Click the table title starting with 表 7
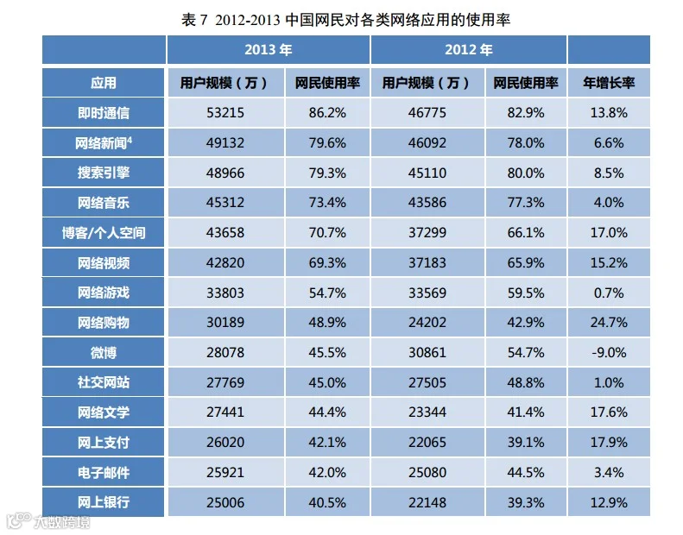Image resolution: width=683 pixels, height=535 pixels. (x=345, y=20)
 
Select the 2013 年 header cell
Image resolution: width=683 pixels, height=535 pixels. (x=269, y=50)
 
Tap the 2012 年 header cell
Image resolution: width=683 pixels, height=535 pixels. (x=469, y=50)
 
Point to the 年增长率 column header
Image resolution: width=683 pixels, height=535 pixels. (x=609, y=83)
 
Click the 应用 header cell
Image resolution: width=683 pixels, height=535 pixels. (x=104, y=83)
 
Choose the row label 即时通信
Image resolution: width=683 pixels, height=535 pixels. (x=104, y=113)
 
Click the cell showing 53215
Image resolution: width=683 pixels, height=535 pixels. (x=225, y=113)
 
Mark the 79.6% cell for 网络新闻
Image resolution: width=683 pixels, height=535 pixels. (x=327, y=142)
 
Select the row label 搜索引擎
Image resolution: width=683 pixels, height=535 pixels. (x=104, y=173)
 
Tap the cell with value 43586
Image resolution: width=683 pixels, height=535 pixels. (x=427, y=203)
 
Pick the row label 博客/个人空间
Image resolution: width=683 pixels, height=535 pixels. (x=104, y=233)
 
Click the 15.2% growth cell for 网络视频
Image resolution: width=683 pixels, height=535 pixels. (x=609, y=262)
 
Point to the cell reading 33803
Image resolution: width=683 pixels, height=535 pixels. (x=225, y=293)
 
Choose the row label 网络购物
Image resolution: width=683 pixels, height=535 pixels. (x=104, y=323)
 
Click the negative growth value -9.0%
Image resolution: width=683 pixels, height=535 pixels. (x=609, y=352)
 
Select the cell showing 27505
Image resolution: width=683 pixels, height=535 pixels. (x=427, y=382)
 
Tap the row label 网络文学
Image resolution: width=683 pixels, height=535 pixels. (x=104, y=412)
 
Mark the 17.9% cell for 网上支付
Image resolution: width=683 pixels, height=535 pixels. (x=609, y=443)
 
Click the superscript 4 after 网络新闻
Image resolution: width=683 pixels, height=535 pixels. (x=130, y=139)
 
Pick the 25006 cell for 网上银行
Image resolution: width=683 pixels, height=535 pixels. (x=225, y=502)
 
